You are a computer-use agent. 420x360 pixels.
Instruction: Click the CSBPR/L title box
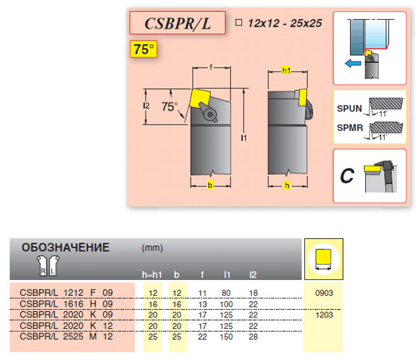pos(177,23)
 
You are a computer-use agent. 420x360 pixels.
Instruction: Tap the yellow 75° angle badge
pos(144,49)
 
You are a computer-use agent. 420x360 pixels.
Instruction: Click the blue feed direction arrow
pos(353,63)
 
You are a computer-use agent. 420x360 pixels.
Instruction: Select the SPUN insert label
pos(349,109)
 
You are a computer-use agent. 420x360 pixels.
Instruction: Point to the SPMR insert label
pos(350,128)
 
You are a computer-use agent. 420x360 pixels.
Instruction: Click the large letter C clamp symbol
pos(347,176)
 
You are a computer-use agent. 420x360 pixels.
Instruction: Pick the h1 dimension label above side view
pos(286,70)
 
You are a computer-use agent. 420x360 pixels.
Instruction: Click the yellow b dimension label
pos(210,185)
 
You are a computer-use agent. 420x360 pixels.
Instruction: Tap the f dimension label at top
pos(211,67)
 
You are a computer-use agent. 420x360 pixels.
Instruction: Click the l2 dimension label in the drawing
pos(146,106)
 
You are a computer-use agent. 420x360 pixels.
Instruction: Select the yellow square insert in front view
pos(200,98)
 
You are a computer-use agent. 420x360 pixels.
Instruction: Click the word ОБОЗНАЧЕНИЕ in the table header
pos(65,248)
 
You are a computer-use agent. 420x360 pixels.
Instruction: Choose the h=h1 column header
pos(152,275)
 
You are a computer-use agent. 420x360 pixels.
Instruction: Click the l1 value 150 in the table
pos(226,337)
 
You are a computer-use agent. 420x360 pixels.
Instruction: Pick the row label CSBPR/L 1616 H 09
pos(66,304)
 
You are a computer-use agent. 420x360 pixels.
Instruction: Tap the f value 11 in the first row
pos(203,293)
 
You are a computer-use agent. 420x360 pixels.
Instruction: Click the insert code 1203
pos(324,315)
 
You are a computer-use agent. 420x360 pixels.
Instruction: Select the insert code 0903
pos(324,293)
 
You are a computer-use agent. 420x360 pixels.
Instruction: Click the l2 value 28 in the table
pos(253,337)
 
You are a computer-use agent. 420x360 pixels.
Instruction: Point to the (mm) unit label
pos(152,248)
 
